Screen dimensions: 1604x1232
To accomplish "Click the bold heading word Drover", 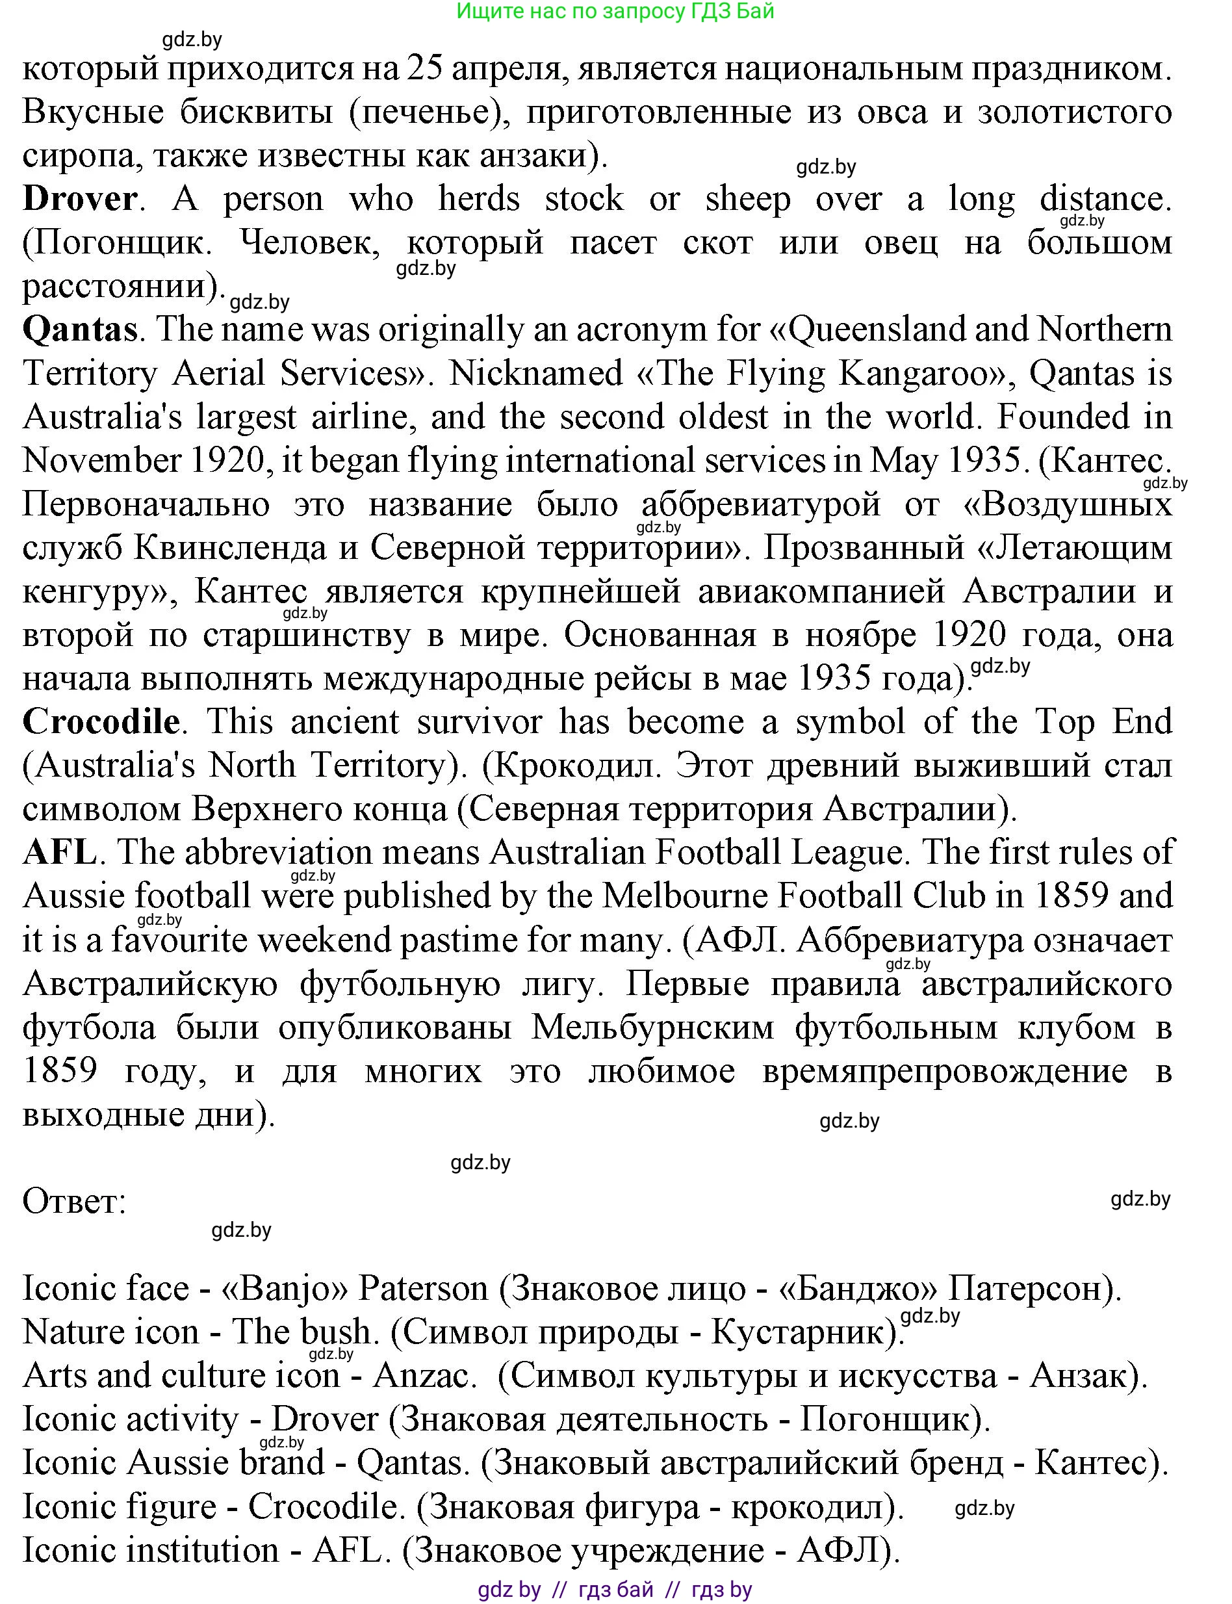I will [x=79, y=199].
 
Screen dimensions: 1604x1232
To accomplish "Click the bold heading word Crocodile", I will [x=101, y=721].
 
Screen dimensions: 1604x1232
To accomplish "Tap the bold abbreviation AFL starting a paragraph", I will [x=58, y=852].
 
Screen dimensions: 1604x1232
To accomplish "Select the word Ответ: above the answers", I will [x=74, y=1201].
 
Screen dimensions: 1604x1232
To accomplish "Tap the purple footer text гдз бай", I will [x=615, y=1589].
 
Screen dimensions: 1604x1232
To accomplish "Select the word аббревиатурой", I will [x=760, y=504].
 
